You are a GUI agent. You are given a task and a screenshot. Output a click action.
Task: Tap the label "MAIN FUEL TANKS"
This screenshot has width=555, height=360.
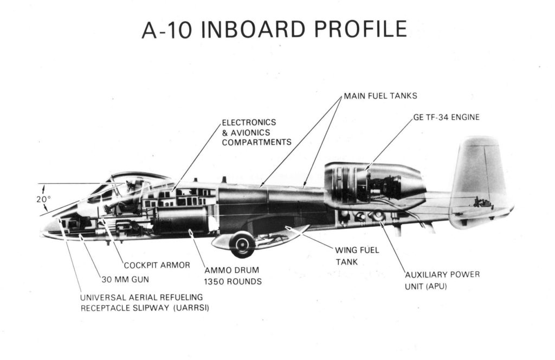point(380,97)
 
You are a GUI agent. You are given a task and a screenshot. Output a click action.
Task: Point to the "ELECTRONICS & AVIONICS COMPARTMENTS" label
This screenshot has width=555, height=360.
point(256,132)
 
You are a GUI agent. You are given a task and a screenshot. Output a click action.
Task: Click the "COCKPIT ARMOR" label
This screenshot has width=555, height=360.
point(157,265)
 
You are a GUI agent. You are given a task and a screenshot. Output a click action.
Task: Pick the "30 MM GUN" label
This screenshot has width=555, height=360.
point(125,280)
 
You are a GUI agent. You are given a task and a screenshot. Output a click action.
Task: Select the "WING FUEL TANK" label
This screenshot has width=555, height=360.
point(358,256)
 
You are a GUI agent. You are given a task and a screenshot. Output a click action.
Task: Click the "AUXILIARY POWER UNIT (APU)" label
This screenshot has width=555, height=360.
point(442,280)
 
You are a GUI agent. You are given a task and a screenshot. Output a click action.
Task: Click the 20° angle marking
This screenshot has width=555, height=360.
point(43,198)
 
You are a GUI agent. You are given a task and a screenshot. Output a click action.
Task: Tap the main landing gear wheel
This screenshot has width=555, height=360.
point(242,245)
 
